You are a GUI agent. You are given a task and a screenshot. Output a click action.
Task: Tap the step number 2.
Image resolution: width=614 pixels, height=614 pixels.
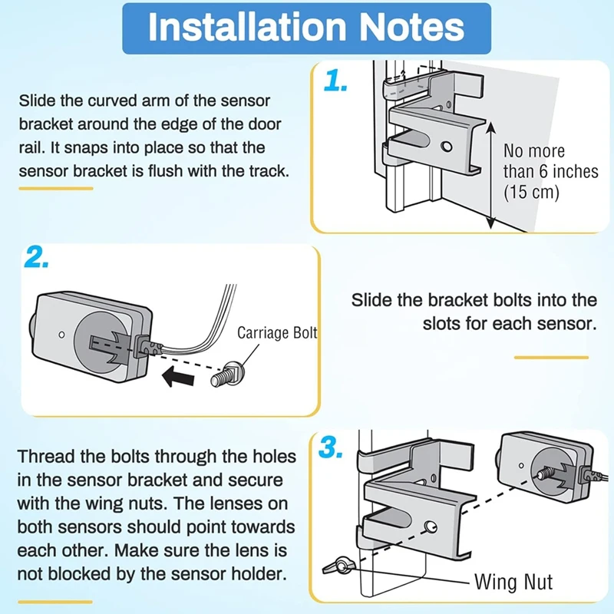pyautogui.click(x=37, y=259)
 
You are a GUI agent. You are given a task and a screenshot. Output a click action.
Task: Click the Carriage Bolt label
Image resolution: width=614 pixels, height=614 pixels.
pyautogui.click(x=277, y=333)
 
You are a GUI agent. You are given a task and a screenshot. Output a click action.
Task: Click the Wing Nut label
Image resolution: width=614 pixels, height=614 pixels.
pyautogui.click(x=513, y=581)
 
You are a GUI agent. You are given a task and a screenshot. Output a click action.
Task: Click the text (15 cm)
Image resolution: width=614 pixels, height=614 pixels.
pyautogui.click(x=531, y=192)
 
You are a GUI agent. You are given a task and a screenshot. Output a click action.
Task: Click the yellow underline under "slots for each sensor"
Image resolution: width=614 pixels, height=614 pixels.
pyautogui.click(x=551, y=358)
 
